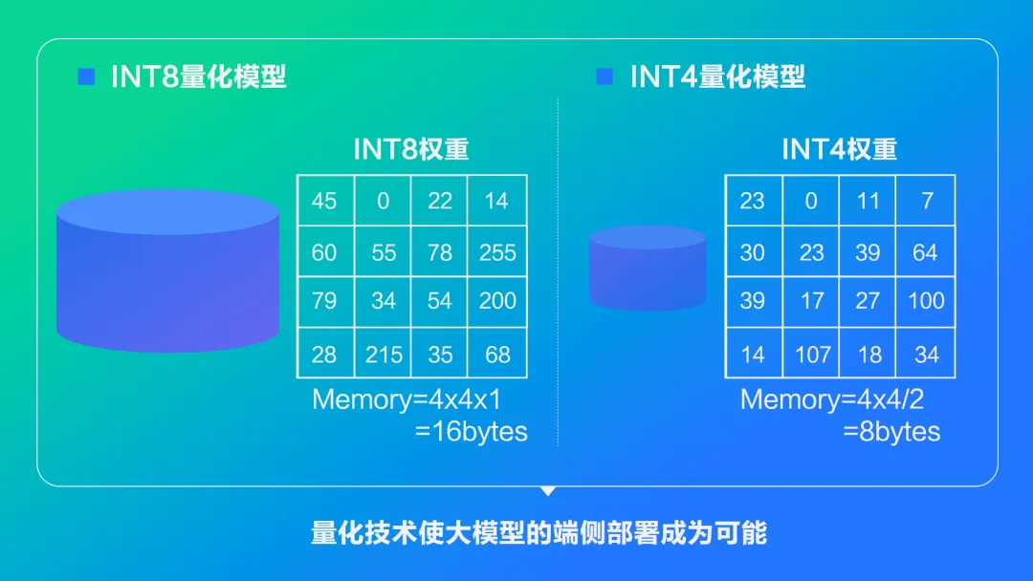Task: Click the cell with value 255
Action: click(x=497, y=251)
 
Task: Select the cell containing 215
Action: click(x=383, y=353)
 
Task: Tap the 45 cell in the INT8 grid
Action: click(x=325, y=201)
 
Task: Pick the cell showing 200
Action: click(x=497, y=302)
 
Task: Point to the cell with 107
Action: click(x=811, y=353)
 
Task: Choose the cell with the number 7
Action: click(x=926, y=201)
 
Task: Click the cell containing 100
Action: click(x=926, y=302)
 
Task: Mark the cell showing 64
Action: click(x=926, y=251)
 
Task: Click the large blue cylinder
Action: click(x=167, y=271)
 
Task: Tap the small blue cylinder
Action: click(x=648, y=269)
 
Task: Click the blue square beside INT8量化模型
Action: click(x=86, y=76)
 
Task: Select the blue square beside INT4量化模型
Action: click(x=604, y=76)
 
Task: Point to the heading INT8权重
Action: click(x=411, y=149)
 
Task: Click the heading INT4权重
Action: click(x=840, y=149)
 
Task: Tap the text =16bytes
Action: click(x=471, y=432)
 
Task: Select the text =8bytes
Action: click(x=891, y=432)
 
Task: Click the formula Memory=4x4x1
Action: click(x=407, y=399)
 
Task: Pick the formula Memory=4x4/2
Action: click(x=832, y=399)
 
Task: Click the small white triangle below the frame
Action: click(x=547, y=491)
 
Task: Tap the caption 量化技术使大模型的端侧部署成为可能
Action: click(x=538, y=532)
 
